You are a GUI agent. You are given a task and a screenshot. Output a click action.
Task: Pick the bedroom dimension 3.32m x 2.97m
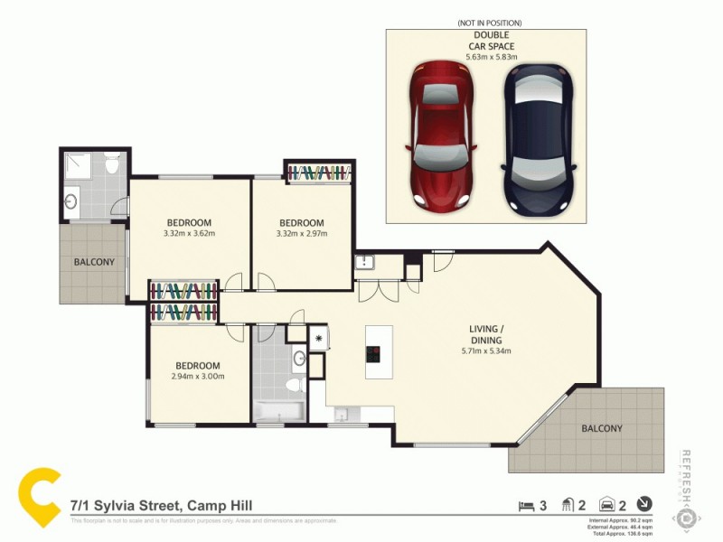301,235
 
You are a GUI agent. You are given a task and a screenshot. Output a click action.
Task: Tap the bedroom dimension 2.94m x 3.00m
199,377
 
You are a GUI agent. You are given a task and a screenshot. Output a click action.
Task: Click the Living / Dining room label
486,333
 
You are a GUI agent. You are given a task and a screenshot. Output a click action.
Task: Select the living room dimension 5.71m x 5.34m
486,351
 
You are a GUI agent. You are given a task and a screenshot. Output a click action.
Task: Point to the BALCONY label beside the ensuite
94,263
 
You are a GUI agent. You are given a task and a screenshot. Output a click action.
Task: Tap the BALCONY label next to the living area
601,429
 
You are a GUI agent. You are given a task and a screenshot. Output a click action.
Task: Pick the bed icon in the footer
524,506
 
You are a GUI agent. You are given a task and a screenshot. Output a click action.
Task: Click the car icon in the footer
608,506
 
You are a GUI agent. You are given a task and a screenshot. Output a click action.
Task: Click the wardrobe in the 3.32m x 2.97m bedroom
318,172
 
